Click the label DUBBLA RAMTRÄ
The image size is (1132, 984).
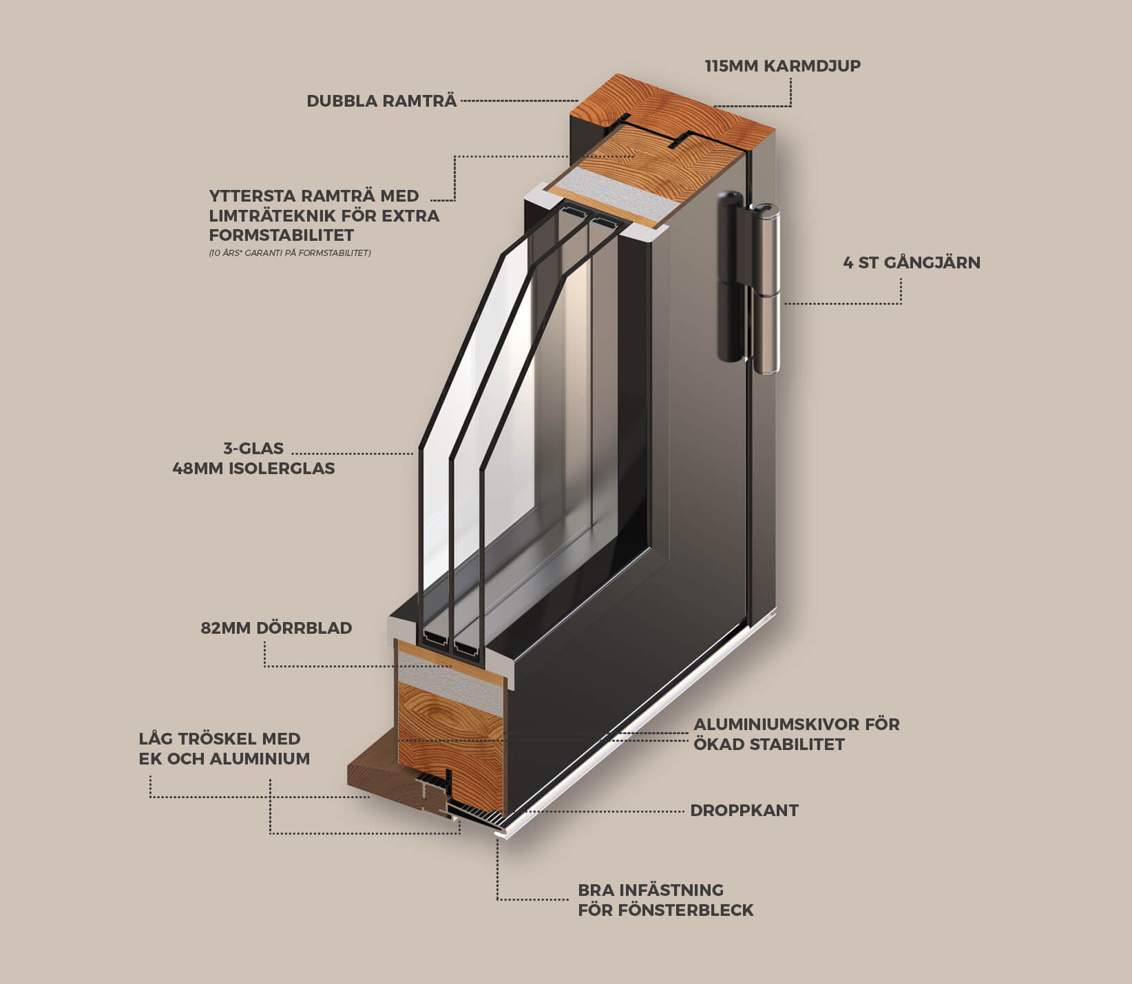tap(381, 101)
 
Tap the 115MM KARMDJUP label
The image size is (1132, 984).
tap(783, 66)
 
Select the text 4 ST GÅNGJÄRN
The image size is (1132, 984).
tap(912, 262)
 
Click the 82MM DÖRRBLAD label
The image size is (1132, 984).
tap(276, 628)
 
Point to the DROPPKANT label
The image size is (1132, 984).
tap(744, 811)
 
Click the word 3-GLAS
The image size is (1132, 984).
tap(253, 449)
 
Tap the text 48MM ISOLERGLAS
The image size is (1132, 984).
tap(253, 469)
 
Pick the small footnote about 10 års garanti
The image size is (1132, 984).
tap(290, 253)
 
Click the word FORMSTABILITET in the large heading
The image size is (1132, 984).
tap(282, 235)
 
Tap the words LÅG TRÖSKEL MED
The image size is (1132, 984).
tap(220, 739)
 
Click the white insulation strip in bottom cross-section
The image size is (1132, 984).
tap(450, 682)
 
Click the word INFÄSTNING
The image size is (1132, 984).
tap(671, 890)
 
